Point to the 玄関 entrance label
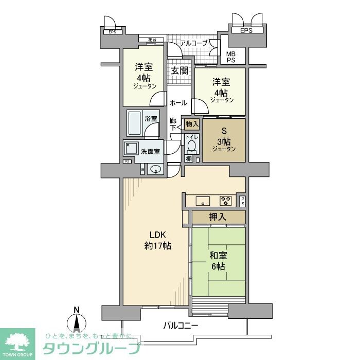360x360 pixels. pyautogui.click(x=179, y=70)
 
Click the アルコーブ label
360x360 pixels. pyautogui.click(x=193, y=44)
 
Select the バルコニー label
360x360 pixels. pyautogui.click(x=181, y=326)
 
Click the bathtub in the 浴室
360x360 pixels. pyautogui.click(x=135, y=123)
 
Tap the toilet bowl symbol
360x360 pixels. pyautogui.click(x=191, y=146)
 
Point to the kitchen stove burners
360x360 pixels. pyautogui.click(x=225, y=200)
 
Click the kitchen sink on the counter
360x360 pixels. pyautogui.click(x=201, y=200)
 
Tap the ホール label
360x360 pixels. pyautogui.click(x=178, y=103)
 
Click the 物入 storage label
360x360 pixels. pyautogui.click(x=191, y=124)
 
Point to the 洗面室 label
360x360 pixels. pyautogui.click(x=151, y=152)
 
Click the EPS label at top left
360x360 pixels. pyautogui.click(x=112, y=32)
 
